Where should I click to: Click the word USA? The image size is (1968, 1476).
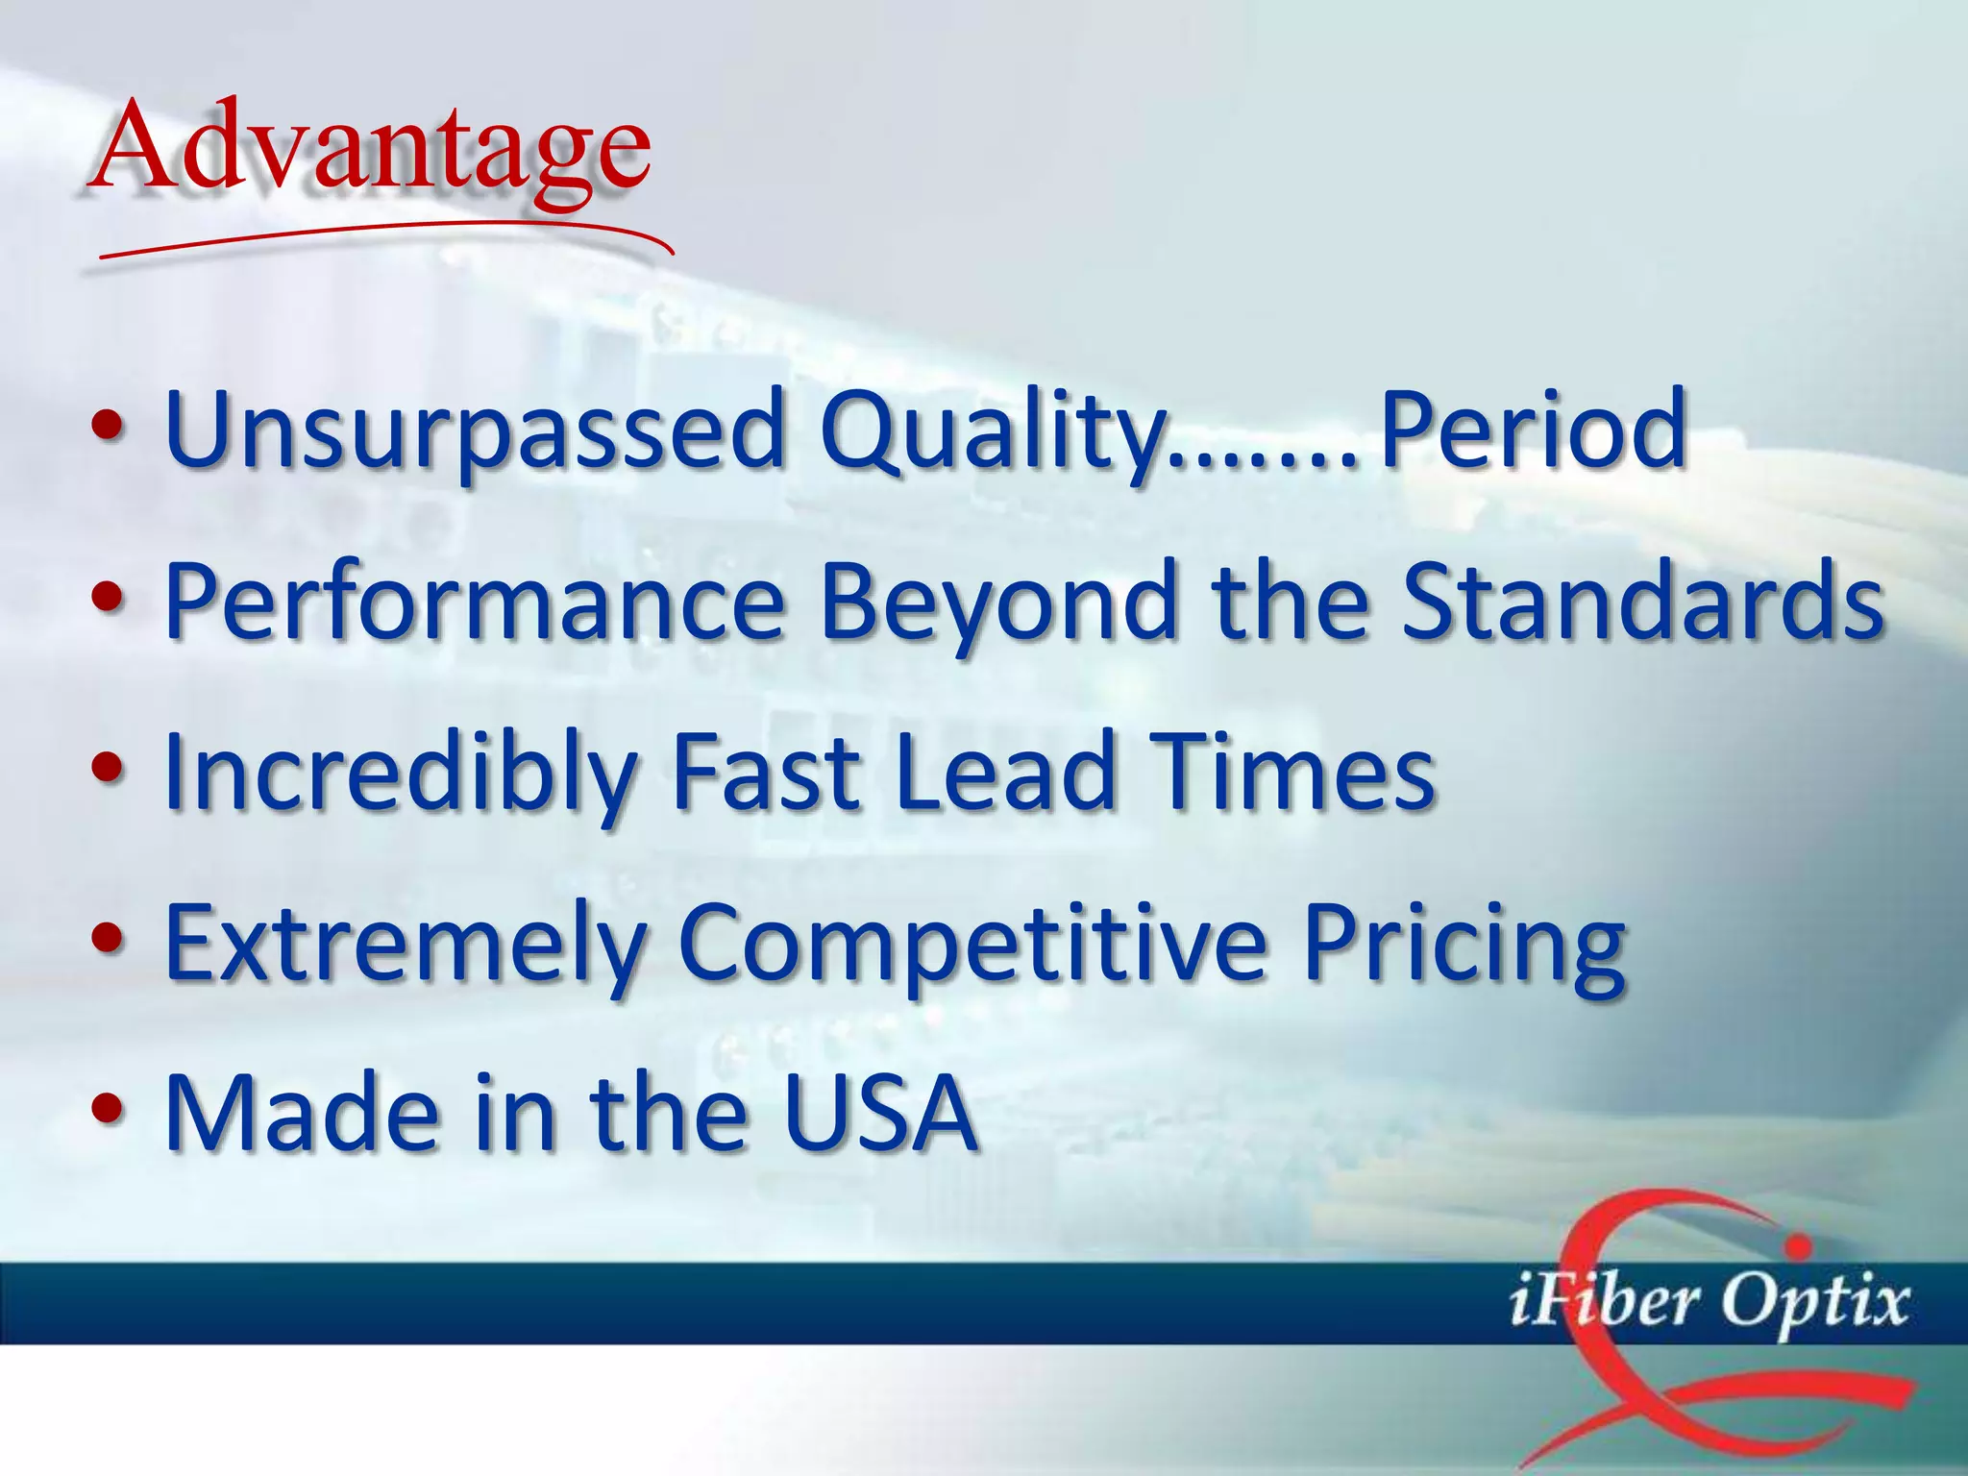coord(879,1114)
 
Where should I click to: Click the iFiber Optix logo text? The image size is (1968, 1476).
coord(1707,1302)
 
